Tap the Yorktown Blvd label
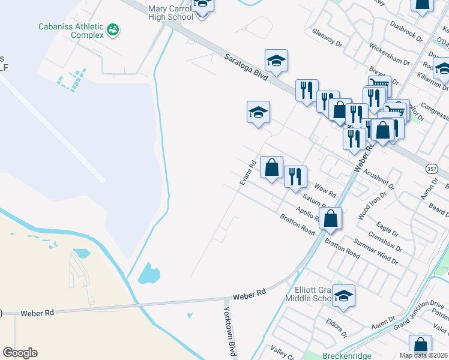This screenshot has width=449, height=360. pos(229,331)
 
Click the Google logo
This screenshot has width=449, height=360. pos(20,353)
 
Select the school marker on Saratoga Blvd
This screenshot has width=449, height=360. pos(276,61)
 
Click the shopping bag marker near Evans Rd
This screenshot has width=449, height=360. pos(271,167)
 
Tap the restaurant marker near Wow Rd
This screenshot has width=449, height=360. pos(295,177)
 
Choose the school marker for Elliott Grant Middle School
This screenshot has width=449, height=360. pos(343,296)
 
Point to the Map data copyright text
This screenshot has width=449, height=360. pos(424,355)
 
